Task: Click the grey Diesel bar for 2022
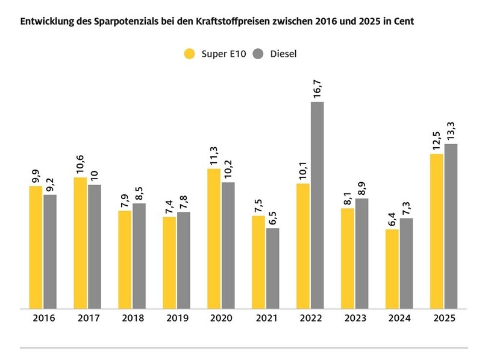317,205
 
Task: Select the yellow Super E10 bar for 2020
214,238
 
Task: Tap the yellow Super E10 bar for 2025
436,231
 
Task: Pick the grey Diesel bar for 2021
273,268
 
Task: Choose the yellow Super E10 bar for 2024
392,268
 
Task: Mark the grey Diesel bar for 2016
50,251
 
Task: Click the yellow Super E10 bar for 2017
80,243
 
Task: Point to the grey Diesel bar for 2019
184,260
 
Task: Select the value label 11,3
214,153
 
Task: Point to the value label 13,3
451,128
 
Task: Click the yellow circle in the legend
190,54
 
